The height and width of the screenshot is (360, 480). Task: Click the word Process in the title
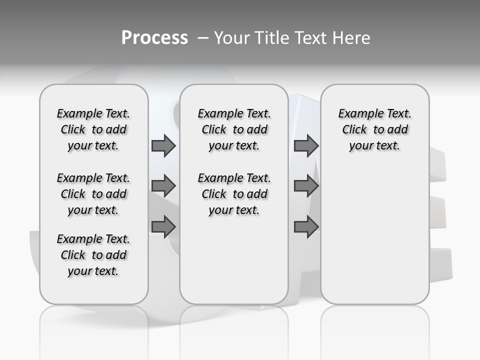coord(154,38)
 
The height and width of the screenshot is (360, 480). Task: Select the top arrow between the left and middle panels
coord(163,146)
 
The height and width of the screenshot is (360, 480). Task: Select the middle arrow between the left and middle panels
coord(163,186)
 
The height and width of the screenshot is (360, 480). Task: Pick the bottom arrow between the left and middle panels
coord(163,227)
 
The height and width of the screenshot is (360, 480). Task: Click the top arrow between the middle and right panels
coord(306,146)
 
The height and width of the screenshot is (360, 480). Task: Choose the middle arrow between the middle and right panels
coord(306,186)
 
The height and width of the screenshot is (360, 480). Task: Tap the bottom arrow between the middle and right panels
coord(306,227)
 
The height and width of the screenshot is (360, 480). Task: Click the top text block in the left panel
coord(93,129)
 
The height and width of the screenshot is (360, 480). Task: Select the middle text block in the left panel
coord(93,194)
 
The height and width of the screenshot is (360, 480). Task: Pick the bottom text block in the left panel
coord(93,255)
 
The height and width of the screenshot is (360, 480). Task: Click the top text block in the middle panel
coord(234,129)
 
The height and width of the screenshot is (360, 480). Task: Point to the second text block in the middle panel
coord(234,194)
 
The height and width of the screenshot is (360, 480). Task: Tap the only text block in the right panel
coord(374,129)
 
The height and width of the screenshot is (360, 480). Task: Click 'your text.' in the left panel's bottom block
coord(93,271)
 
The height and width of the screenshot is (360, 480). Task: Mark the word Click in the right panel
coord(354,130)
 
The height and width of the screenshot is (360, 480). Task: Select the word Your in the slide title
coord(232,38)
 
